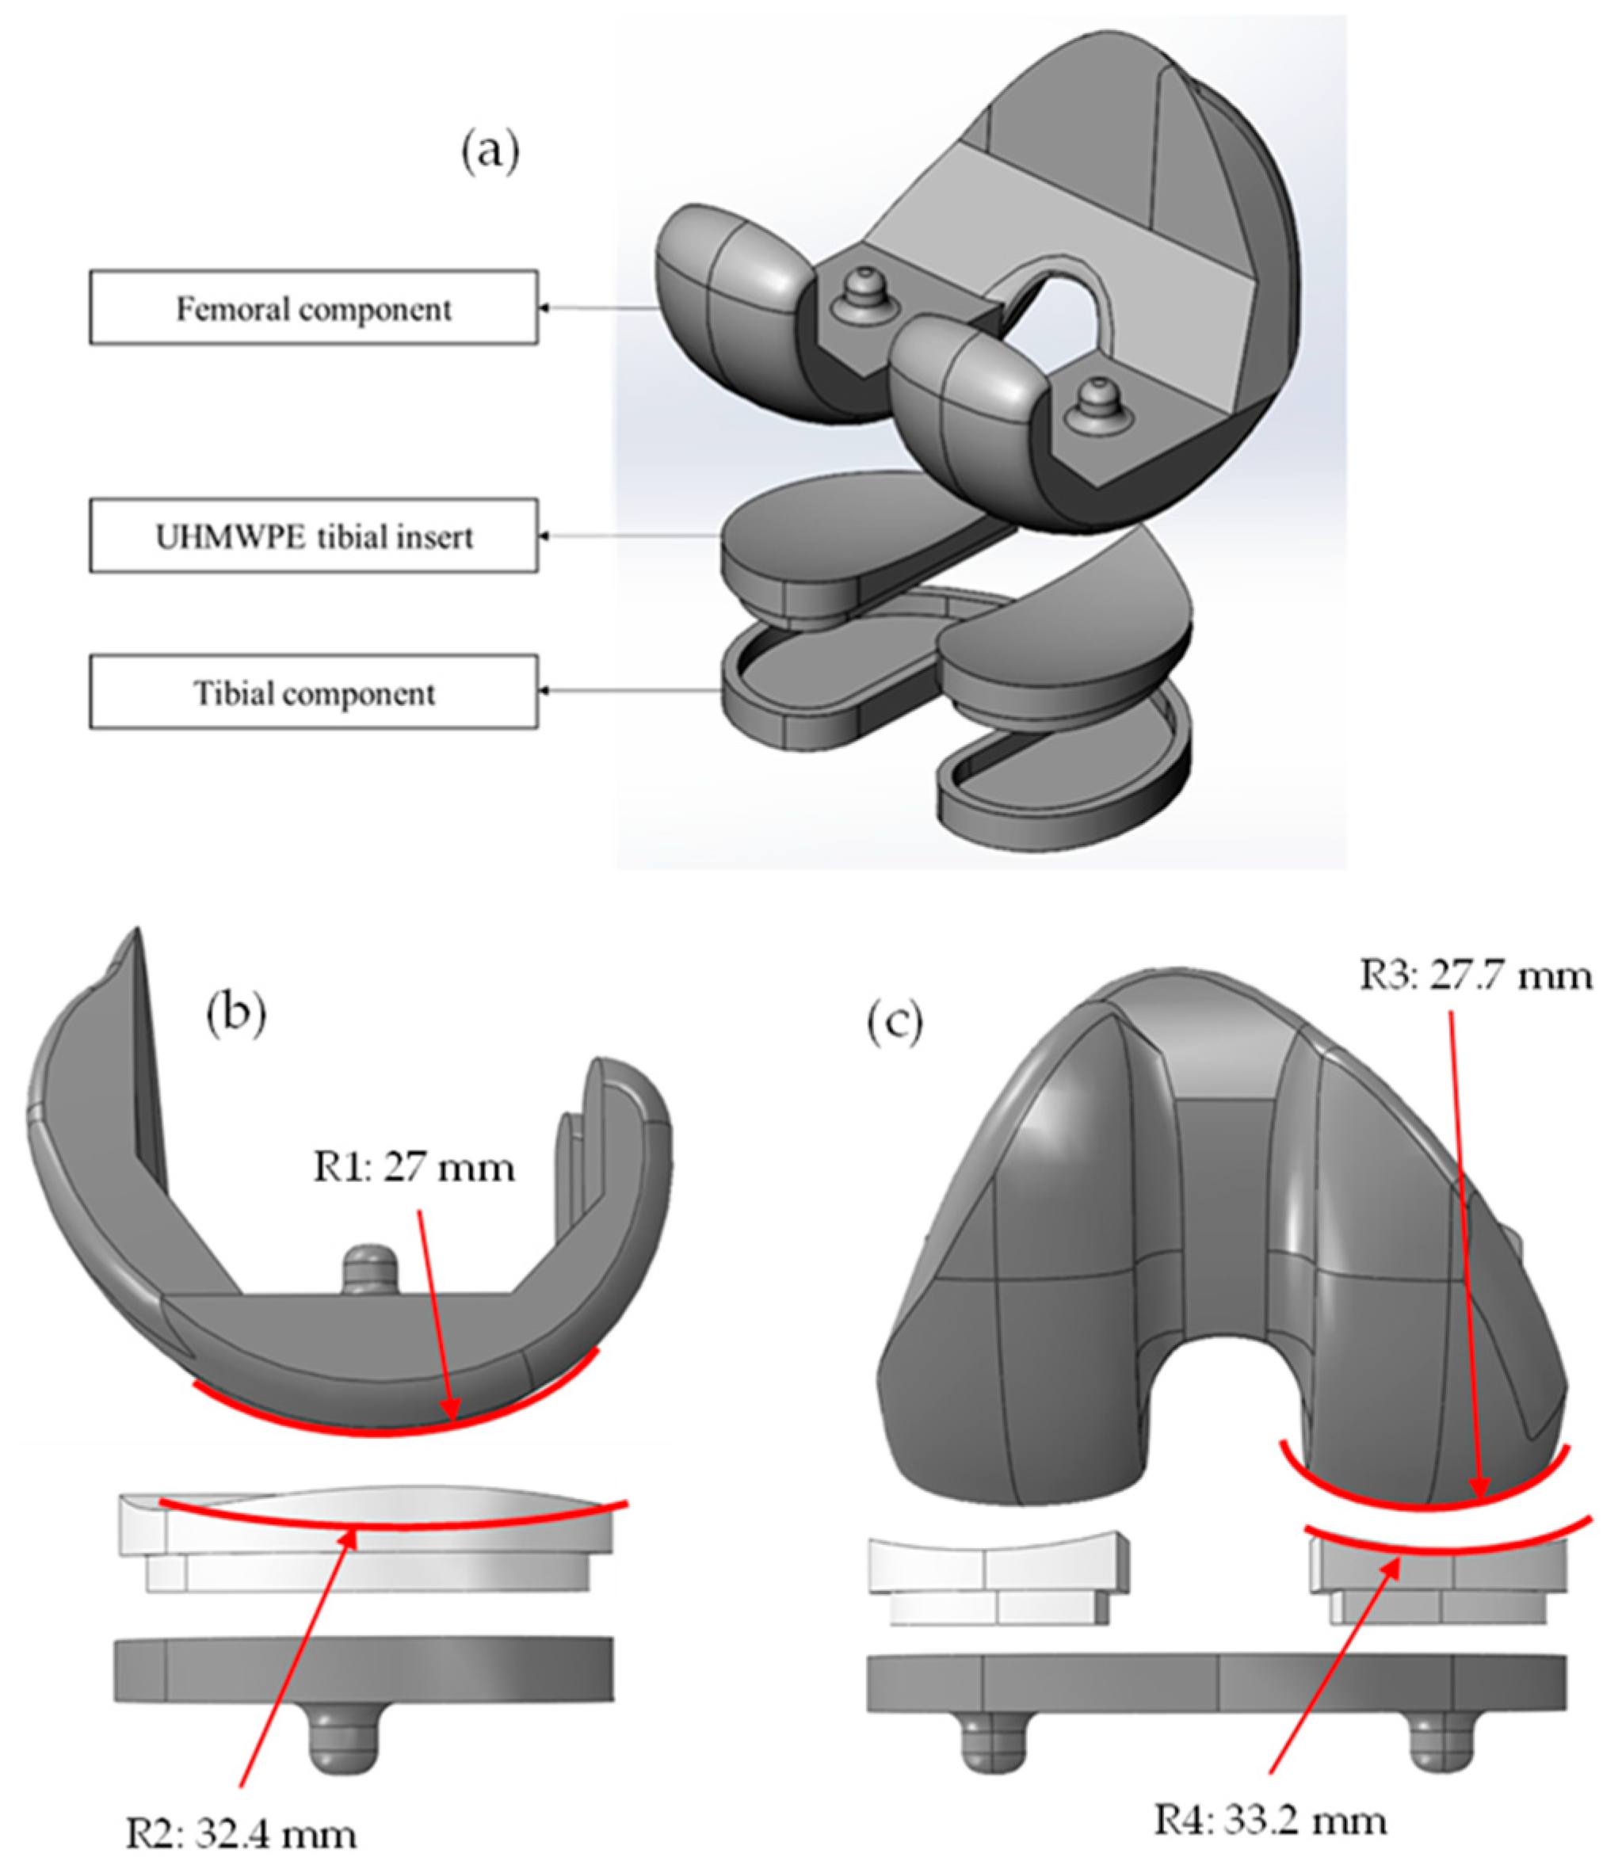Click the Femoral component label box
click(313, 307)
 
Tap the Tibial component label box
click(313, 692)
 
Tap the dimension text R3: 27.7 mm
click(1475, 975)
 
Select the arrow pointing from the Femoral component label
click(597, 307)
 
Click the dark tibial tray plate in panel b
click(362, 1667)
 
